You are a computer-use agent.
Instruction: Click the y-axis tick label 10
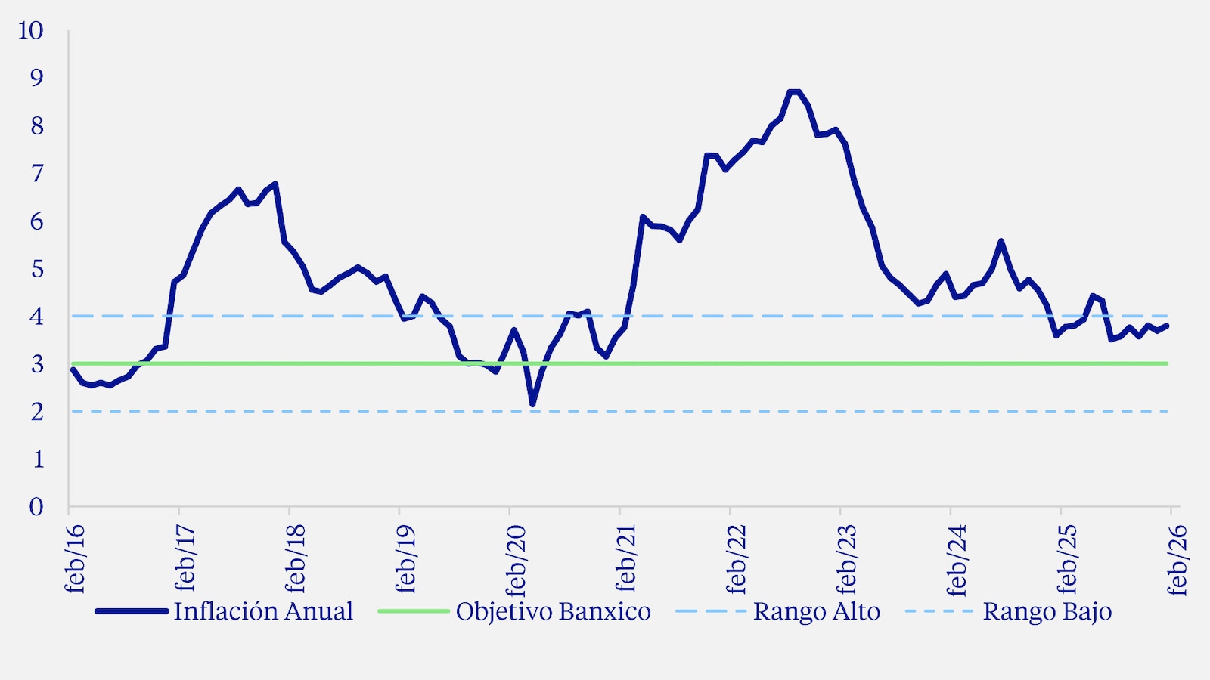pyautogui.click(x=31, y=31)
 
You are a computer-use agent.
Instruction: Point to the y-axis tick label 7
pyautogui.click(x=37, y=174)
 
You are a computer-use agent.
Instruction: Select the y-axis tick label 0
pyautogui.click(x=36, y=507)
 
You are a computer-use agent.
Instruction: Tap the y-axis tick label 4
pyautogui.click(x=36, y=317)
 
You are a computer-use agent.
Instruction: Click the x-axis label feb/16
pyautogui.click(x=75, y=559)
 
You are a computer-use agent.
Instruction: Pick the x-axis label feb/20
pyautogui.click(x=516, y=559)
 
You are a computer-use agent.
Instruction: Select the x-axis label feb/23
pyautogui.click(x=846, y=559)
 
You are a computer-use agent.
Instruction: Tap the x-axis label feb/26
pyautogui.click(x=1177, y=559)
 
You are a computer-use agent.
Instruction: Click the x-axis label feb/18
pyautogui.click(x=295, y=559)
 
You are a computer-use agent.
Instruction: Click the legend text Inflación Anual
pyautogui.click(x=263, y=611)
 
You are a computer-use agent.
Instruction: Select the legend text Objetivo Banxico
pyautogui.click(x=553, y=611)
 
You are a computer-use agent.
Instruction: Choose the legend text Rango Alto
pyautogui.click(x=817, y=611)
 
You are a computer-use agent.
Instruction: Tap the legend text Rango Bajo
pyautogui.click(x=1047, y=611)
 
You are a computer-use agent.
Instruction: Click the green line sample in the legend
pyautogui.click(x=413, y=611)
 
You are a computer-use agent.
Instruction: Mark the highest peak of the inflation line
pyautogui.click(x=794, y=91)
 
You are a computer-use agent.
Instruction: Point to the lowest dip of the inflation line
pyautogui.click(x=532, y=405)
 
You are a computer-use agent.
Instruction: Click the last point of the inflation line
pyautogui.click(x=1168, y=326)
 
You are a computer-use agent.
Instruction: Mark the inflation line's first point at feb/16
pyautogui.click(x=73, y=369)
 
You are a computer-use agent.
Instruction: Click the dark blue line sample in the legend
pyautogui.click(x=132, y=611)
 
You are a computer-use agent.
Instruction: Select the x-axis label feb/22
pyautogui.click(x=736, y=559)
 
